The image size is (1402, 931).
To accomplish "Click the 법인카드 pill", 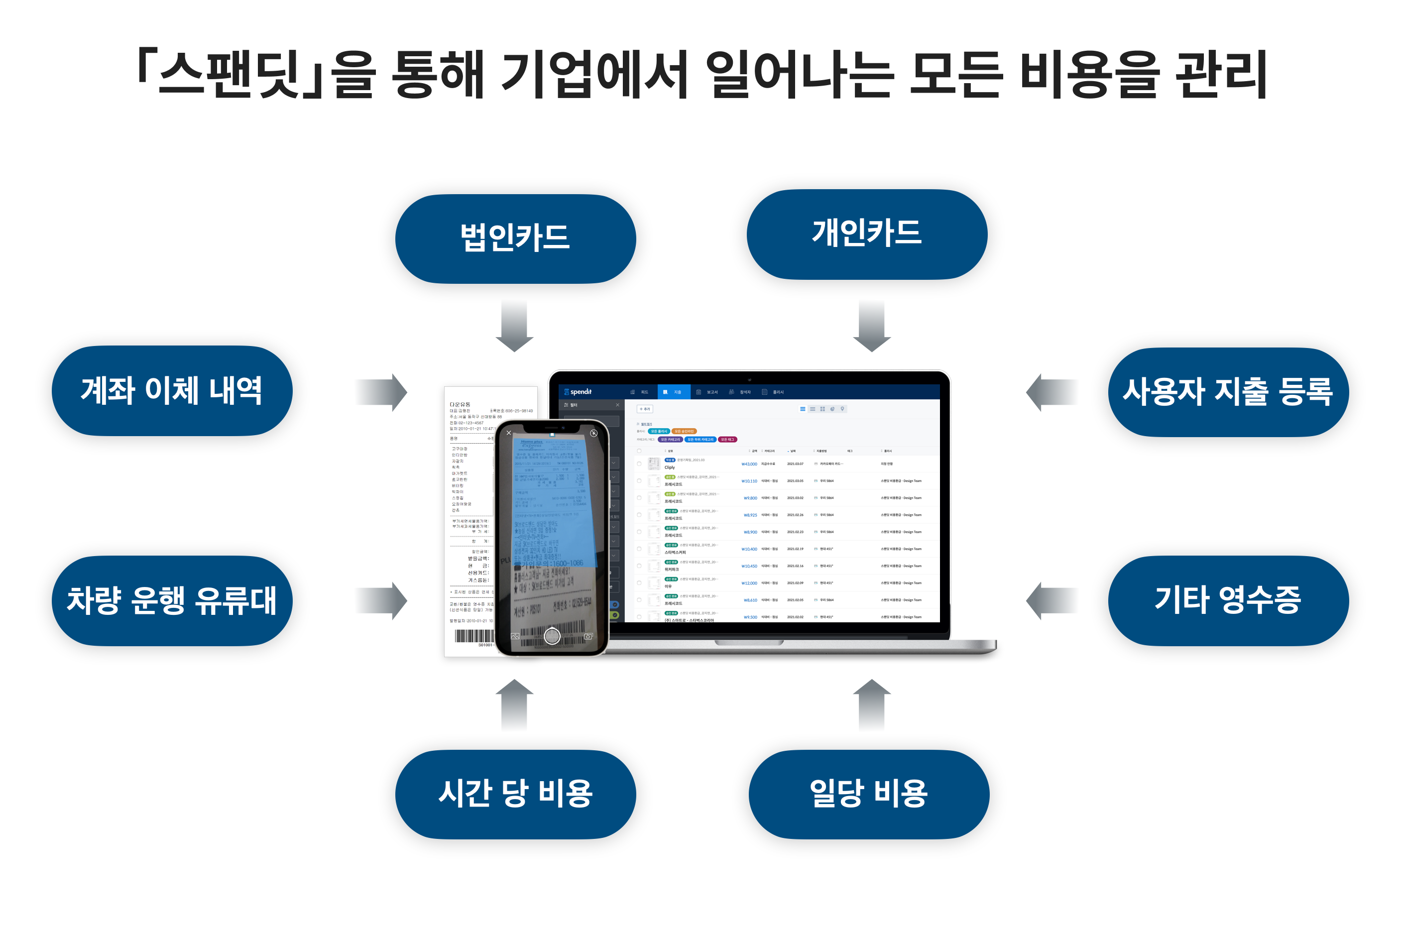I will click(515, 238).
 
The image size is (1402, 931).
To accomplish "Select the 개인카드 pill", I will click(866, 234).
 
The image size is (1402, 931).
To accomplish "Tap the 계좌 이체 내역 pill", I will click(172, 391).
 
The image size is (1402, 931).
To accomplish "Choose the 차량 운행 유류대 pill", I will click(172, 600).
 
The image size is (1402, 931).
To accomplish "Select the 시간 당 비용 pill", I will click(515, 794).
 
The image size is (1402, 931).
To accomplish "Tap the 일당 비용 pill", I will click(868, 794).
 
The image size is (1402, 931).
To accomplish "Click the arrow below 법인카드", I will click(514, 326).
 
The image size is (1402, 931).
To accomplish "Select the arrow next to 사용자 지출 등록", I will click(1051, 392).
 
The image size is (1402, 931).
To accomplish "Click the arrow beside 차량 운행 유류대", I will click(382, 600).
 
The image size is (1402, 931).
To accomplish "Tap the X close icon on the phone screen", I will click(508, 433).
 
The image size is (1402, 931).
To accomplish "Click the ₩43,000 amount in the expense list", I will click(749, 464).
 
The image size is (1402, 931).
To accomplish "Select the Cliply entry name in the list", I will click(669, 467).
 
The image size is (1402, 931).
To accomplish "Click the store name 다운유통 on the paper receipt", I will click(460, 404).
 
